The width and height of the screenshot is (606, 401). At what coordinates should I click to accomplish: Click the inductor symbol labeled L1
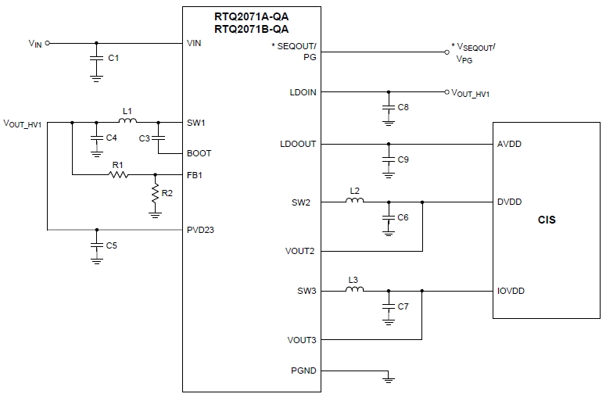click(x=127, y=121)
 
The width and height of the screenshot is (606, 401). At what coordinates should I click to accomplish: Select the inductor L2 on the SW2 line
click(x=354, y=201)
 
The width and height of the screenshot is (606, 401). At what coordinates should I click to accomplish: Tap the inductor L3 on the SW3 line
click(x=354, y=290)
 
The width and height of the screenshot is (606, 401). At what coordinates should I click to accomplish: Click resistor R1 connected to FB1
click(x=118, y=174)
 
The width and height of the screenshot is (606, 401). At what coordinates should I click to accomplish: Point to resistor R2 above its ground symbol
click(x=156, y=192)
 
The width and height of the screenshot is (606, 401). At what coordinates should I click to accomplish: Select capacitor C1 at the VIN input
click(x=96, y=58)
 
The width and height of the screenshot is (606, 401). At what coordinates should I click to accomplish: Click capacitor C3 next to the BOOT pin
click(x=159, y=138)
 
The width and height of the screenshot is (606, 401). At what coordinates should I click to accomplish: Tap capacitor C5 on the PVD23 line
click(x=96, y=245)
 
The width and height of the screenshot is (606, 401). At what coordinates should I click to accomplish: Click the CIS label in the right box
click(x=547, y=220)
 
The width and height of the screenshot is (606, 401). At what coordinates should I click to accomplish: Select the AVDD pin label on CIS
click(x=509, y=145)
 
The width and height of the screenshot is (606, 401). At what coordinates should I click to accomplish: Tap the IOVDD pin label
click(x=511, y=291)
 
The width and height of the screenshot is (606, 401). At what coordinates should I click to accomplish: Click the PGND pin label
click(x=303, y=371)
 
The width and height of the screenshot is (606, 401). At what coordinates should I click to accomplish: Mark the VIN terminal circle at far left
click(x=48, y=44)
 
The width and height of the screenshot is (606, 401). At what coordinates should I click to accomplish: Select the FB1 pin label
click(x=195, y=175)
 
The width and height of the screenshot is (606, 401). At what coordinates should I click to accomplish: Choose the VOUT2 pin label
click(x=300, y=252)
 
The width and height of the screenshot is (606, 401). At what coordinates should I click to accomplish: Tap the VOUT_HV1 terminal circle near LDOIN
click(x=446, y=91)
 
